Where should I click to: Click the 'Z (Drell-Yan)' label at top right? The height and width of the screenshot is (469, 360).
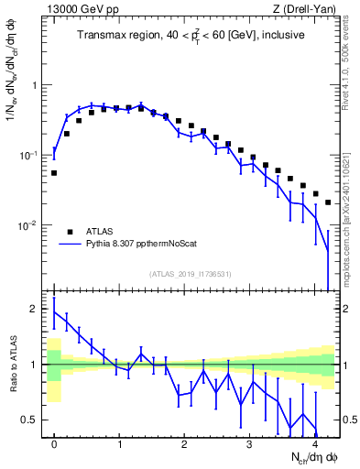tap(304, 9)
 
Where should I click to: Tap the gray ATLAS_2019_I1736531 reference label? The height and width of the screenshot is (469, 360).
tap(191, 273)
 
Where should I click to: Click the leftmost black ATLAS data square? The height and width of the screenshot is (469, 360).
tap(54, 172)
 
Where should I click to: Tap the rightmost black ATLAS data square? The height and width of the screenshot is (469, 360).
tap(328, 202)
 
